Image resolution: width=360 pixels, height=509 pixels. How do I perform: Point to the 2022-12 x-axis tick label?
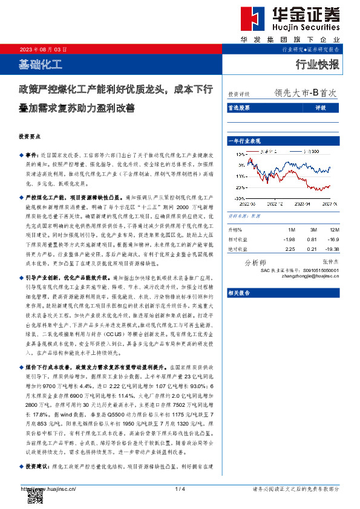coord(267,204)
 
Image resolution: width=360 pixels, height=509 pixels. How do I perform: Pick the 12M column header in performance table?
coord(334,230)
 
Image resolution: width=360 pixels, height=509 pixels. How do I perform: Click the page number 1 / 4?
coord(180,488)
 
